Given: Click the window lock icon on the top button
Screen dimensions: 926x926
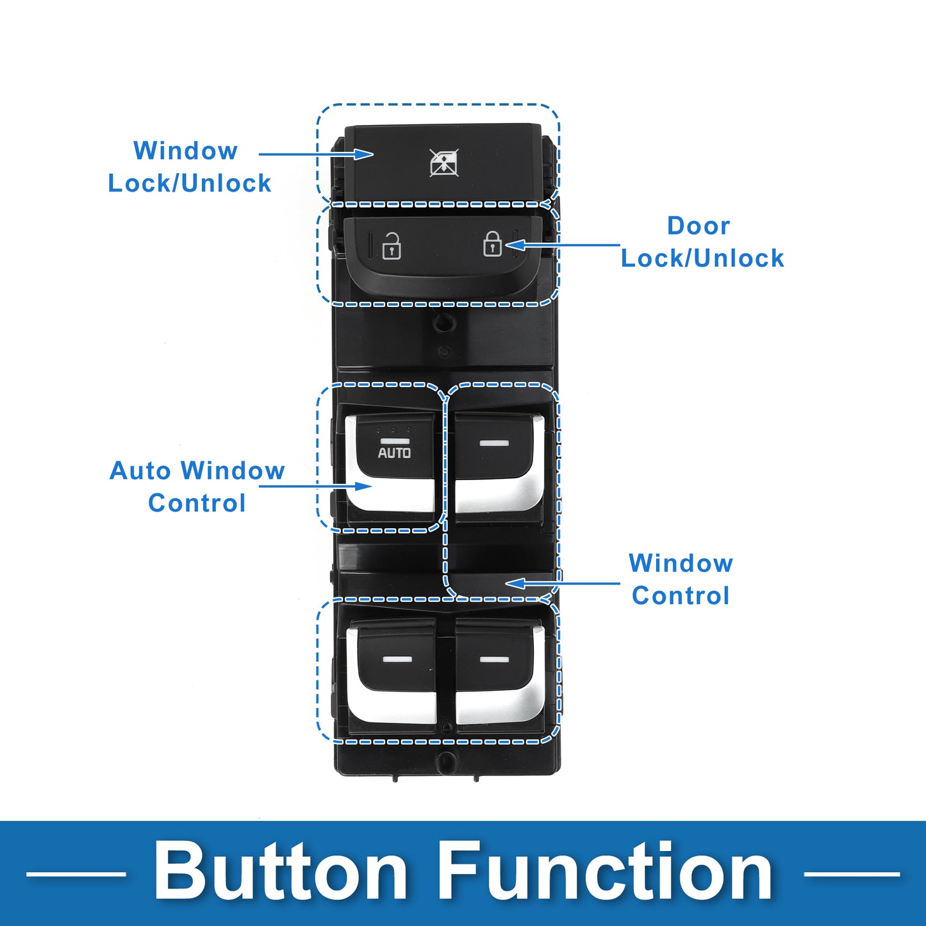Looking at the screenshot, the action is pos(443,163).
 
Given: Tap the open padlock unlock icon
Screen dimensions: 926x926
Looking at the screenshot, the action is pos(391,246).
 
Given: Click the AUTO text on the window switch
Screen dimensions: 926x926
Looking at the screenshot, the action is pos(394,452).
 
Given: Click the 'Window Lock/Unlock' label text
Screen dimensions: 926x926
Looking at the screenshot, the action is pos(189,167).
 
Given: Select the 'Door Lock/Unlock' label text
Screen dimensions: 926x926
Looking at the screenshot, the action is pos(702,242).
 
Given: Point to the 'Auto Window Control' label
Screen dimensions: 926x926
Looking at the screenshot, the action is pos(197,486).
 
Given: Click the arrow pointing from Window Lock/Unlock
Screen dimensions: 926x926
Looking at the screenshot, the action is pos(316,154).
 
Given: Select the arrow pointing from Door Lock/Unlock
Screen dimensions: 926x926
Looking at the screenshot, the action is pos(563,245).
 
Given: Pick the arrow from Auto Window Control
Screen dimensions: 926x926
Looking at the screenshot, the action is pos(316,486).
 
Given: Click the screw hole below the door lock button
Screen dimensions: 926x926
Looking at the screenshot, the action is pos(445,322).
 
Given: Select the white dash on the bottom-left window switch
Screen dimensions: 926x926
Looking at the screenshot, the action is pos(397,658).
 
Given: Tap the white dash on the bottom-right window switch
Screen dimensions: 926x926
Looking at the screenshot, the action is pos(495,659).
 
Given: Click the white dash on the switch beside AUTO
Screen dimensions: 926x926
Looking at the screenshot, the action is pos(494,443).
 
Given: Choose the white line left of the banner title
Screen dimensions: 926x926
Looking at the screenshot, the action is pos(76,874).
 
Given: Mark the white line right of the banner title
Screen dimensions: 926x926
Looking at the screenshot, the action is pos(852,874).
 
